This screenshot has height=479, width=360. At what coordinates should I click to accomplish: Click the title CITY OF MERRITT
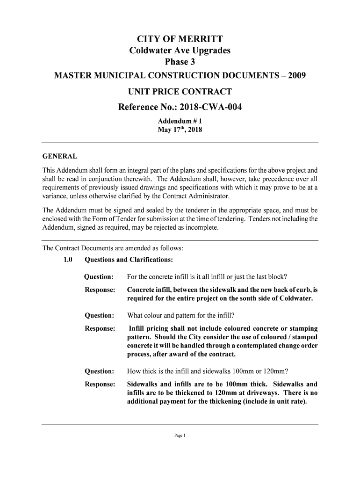coord(180,39)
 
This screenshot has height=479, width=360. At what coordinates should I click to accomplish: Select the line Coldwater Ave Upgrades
coord(180,51)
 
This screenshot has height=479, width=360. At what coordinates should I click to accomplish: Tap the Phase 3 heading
coord(180,62)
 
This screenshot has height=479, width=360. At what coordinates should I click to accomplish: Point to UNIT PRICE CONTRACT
coord(180,91)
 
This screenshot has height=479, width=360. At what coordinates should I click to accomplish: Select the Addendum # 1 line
coord(180,121)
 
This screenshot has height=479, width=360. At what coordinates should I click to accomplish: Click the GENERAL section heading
coord(60,156)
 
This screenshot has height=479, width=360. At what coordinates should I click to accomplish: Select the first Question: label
coord(99,277)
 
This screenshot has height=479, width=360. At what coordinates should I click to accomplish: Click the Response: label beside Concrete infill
coord(100,290)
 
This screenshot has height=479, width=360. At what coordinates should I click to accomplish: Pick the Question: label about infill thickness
coord(99,371)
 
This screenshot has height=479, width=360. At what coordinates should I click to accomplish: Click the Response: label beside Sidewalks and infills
coord(100,385)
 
